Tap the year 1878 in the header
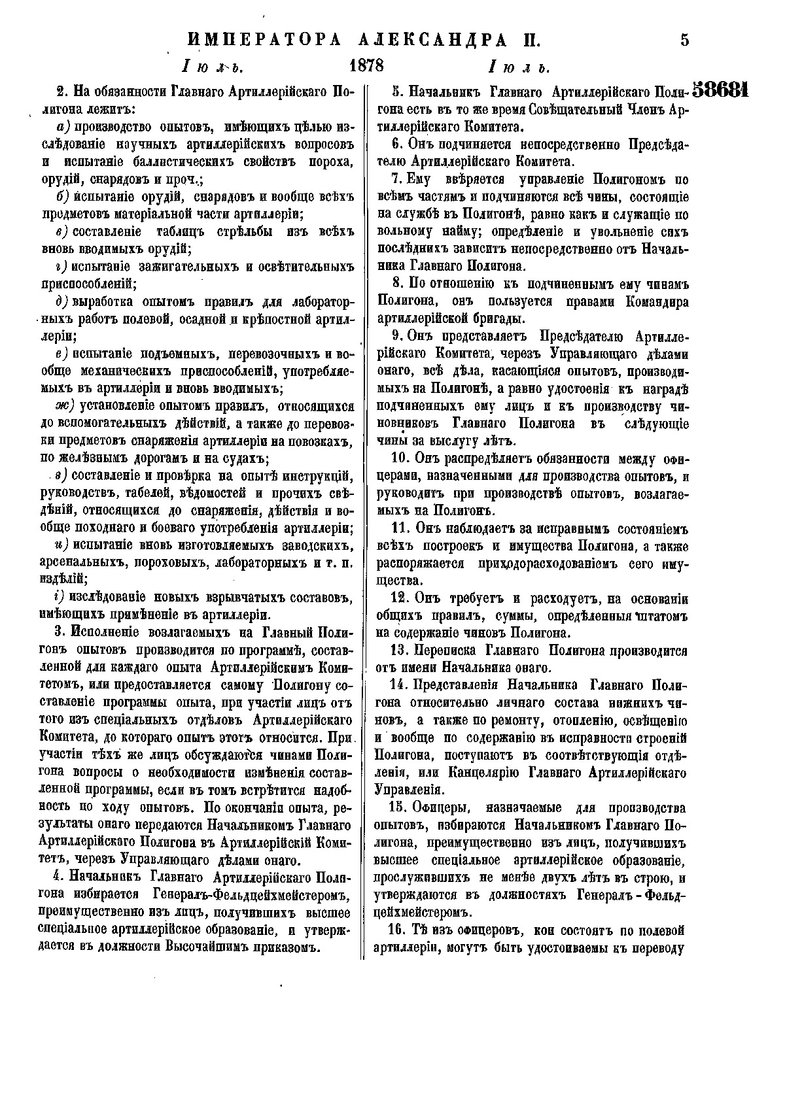click(367, 66)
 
